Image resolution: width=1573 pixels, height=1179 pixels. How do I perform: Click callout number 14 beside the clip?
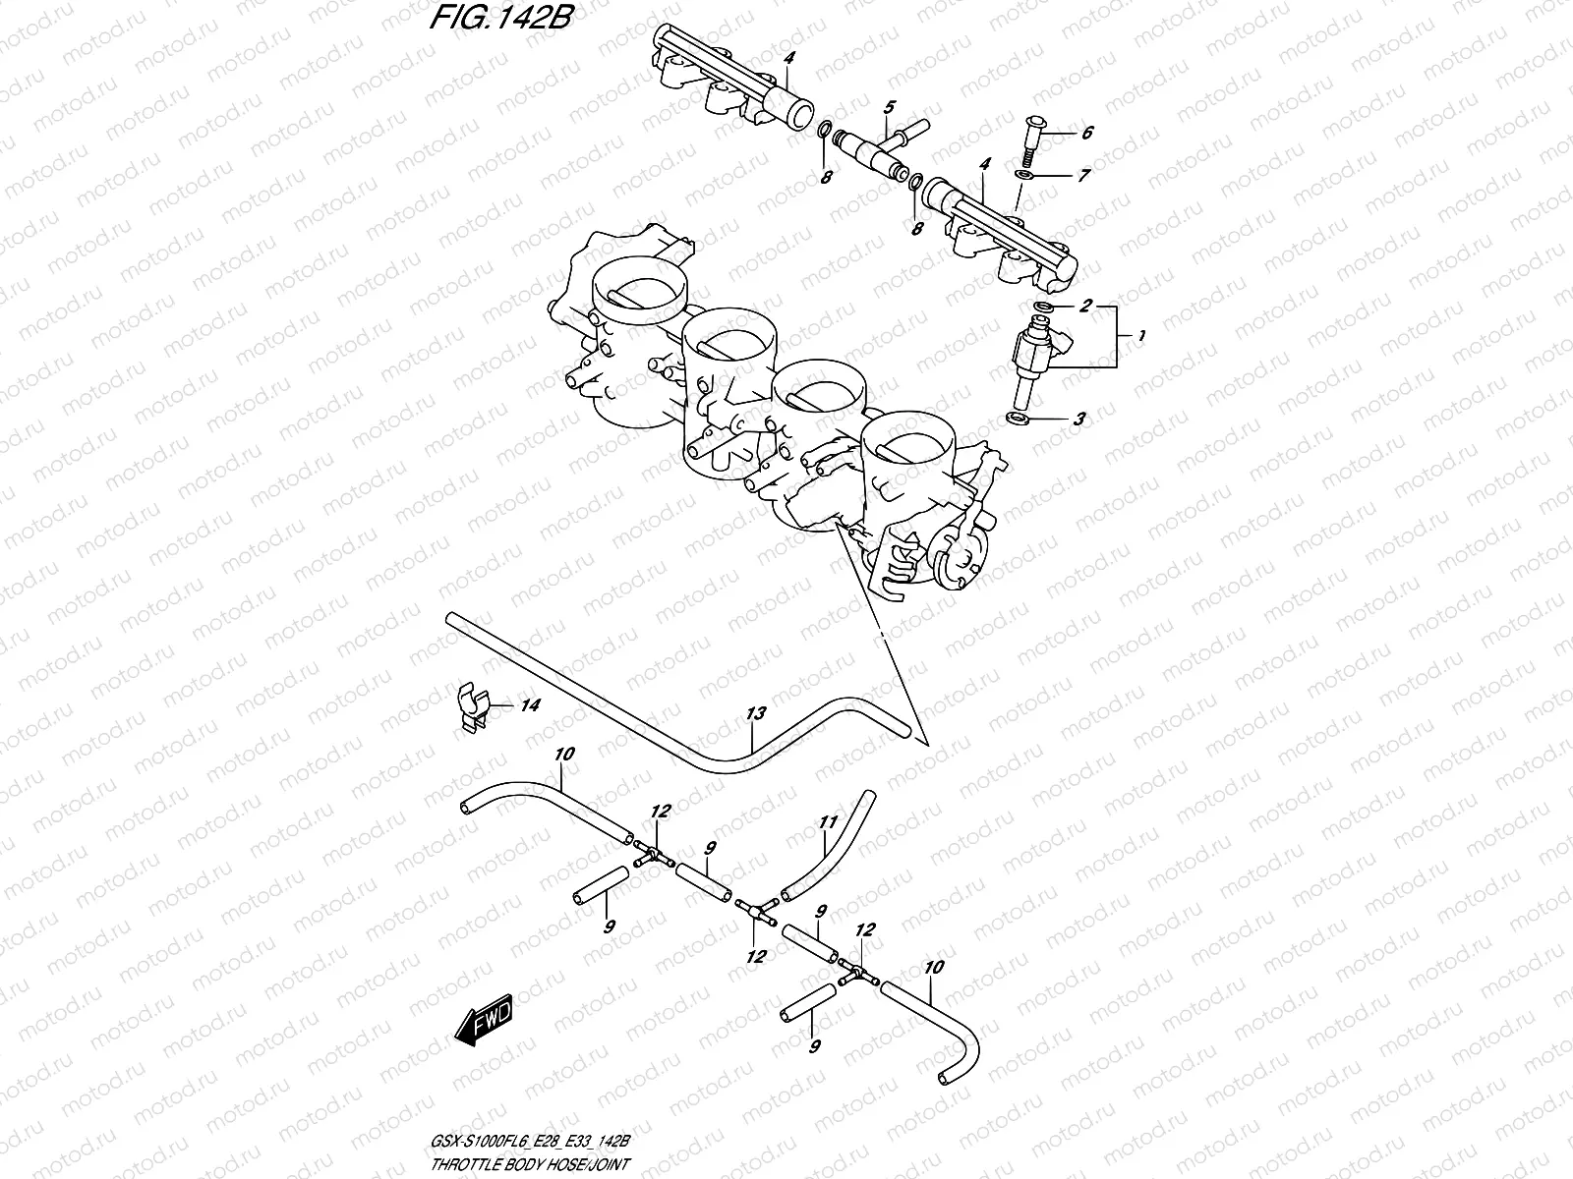[530, 704]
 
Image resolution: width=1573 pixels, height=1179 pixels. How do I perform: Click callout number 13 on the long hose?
[755, 714]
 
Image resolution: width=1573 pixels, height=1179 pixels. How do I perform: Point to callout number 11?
[828, 822]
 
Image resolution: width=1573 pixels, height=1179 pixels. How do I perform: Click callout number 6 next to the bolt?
[1086, 132]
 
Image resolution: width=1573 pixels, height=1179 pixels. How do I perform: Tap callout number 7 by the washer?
[1084, 176]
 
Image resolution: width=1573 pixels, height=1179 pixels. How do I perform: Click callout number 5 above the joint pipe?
[889, 106]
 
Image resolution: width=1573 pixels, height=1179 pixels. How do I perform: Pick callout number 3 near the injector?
[1079, 420]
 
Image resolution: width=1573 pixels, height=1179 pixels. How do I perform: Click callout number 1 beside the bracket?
[1141, 336]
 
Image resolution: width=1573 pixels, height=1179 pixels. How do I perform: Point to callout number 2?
[1085, 306]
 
